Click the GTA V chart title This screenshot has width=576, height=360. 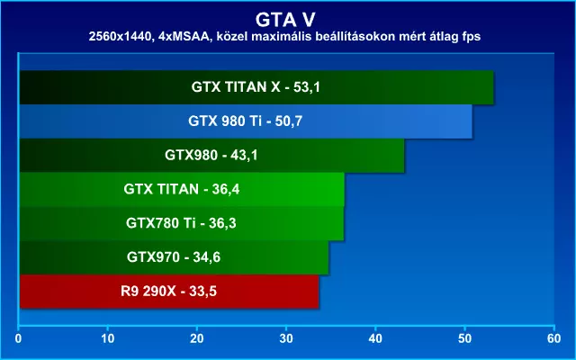(285, 20)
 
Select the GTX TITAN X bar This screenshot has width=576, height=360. (256, 87)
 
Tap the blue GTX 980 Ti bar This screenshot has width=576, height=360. (246, 121)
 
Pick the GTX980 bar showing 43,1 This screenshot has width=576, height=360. (212, 156)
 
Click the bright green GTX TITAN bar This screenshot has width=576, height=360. (182, 190)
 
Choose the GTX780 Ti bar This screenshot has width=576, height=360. (182, 223)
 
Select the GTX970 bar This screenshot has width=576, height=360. (174, 257)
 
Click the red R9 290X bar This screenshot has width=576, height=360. (169, 292)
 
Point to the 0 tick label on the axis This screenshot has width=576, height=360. (18, 338)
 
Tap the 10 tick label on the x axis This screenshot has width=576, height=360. (108, 338)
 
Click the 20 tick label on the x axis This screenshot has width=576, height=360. (197, 338)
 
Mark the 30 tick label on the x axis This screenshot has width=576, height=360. (286, 338)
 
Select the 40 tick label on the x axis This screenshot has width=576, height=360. (375, 338)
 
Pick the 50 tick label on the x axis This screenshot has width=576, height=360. (464, 338)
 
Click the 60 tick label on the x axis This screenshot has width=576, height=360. (554, 338)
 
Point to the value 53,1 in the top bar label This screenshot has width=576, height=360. (307, 87)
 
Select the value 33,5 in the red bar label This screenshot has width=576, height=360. (202, 292)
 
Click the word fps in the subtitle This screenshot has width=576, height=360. (472, 37)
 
